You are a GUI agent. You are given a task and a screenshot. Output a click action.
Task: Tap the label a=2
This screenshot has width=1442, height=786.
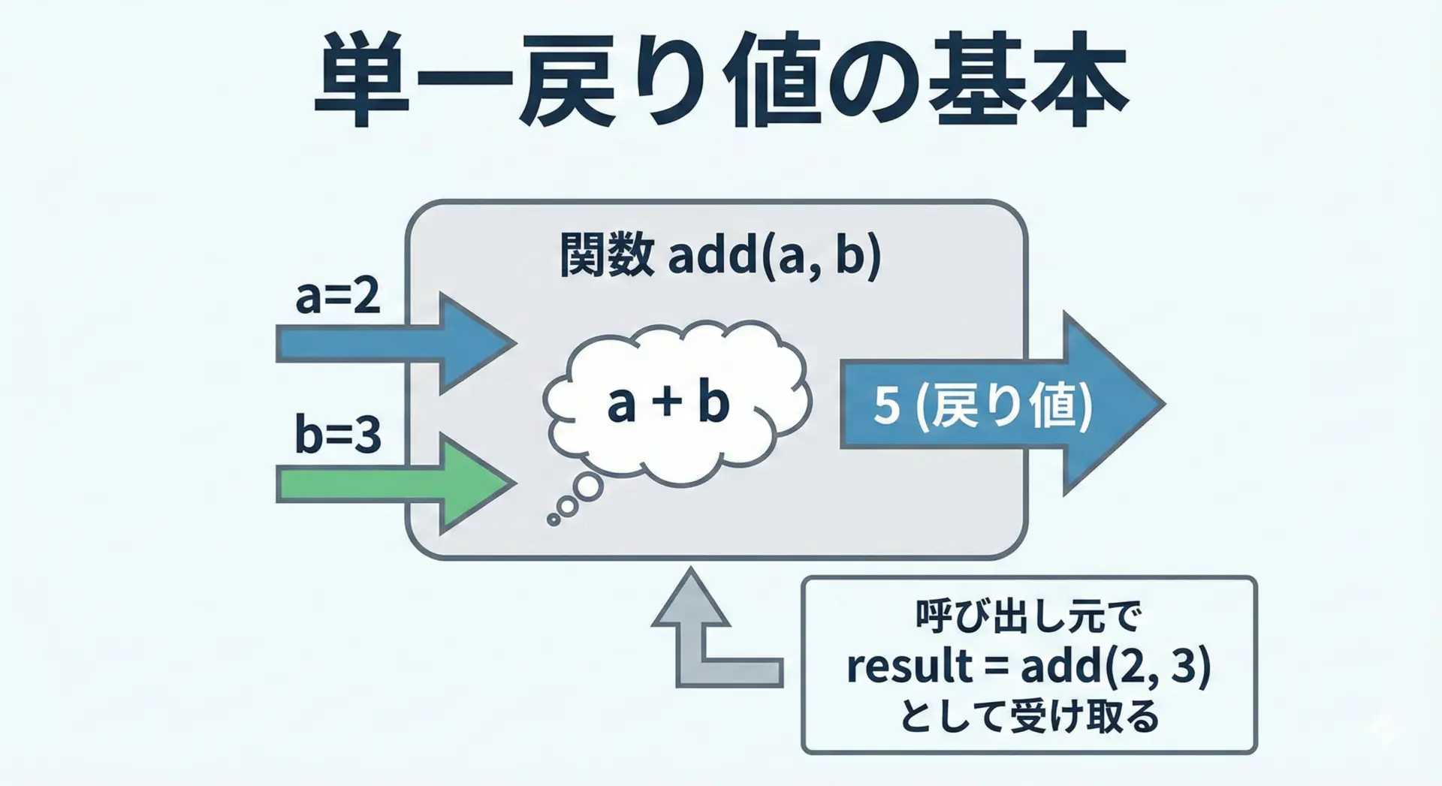pos(338,297)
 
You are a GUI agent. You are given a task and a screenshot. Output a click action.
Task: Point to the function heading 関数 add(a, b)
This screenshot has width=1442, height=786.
pos(719,256)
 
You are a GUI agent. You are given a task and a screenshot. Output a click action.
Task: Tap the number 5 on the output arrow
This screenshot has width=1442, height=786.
pos(887,406)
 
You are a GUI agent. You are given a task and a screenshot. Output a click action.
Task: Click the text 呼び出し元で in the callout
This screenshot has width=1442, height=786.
pos(1028,617)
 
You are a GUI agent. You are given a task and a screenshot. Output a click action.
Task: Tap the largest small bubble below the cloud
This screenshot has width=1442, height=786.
pos(588,488)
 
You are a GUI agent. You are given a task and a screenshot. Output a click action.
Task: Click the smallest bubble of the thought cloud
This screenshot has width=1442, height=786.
pos(554,519)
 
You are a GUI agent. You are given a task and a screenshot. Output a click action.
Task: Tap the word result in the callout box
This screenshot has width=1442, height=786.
pos(909,667)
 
